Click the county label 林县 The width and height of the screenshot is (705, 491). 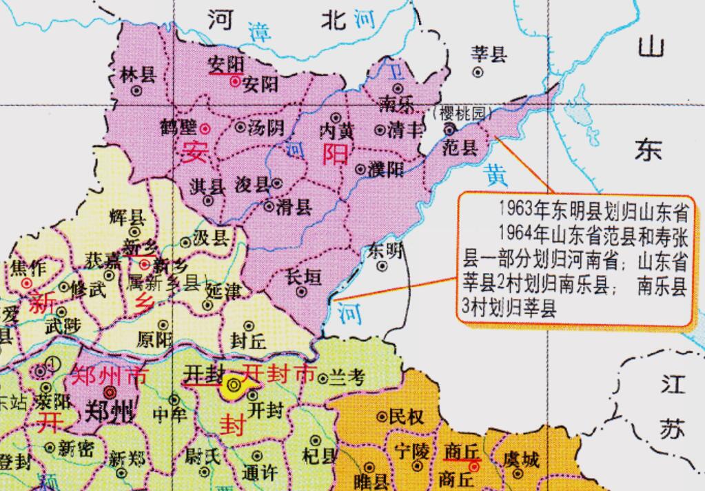(137, 74)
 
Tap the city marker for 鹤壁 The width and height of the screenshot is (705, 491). (205, 128)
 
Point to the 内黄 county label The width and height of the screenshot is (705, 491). (337, 131)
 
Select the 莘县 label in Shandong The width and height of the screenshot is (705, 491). (489, 54)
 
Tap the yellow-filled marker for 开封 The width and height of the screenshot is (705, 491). (234, 386)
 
